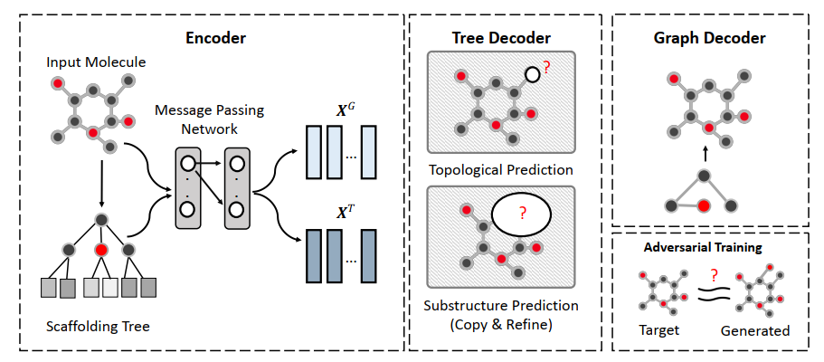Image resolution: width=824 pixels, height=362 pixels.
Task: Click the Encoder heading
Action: (x=215, y=38)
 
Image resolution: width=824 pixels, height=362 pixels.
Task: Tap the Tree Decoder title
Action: (x=501, y=38)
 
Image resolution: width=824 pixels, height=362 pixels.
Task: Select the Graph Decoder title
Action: (x=709, y=38)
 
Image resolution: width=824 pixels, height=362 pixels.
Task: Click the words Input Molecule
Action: (x=96, y=62)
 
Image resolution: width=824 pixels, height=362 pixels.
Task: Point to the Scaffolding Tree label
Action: (x=98, y=326)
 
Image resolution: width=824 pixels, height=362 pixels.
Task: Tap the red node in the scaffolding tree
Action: (x=102, y=249)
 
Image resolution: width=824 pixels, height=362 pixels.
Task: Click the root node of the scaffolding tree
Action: (x=102, y=219)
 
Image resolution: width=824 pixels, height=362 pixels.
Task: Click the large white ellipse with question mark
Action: (x=521, y=214)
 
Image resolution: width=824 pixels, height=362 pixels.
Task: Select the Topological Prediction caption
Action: (x=500, y=170)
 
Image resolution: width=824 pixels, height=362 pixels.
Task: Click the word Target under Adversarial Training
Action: (x=659, y=330)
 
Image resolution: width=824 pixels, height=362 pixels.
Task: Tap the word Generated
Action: (x=755, y=331)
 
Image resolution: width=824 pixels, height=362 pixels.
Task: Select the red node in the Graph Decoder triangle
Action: (x=705, y=205)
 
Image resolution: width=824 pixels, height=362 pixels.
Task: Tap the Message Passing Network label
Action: (x=209, y=120)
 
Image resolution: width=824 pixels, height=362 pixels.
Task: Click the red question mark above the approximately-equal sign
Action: (x=714, y=275)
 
